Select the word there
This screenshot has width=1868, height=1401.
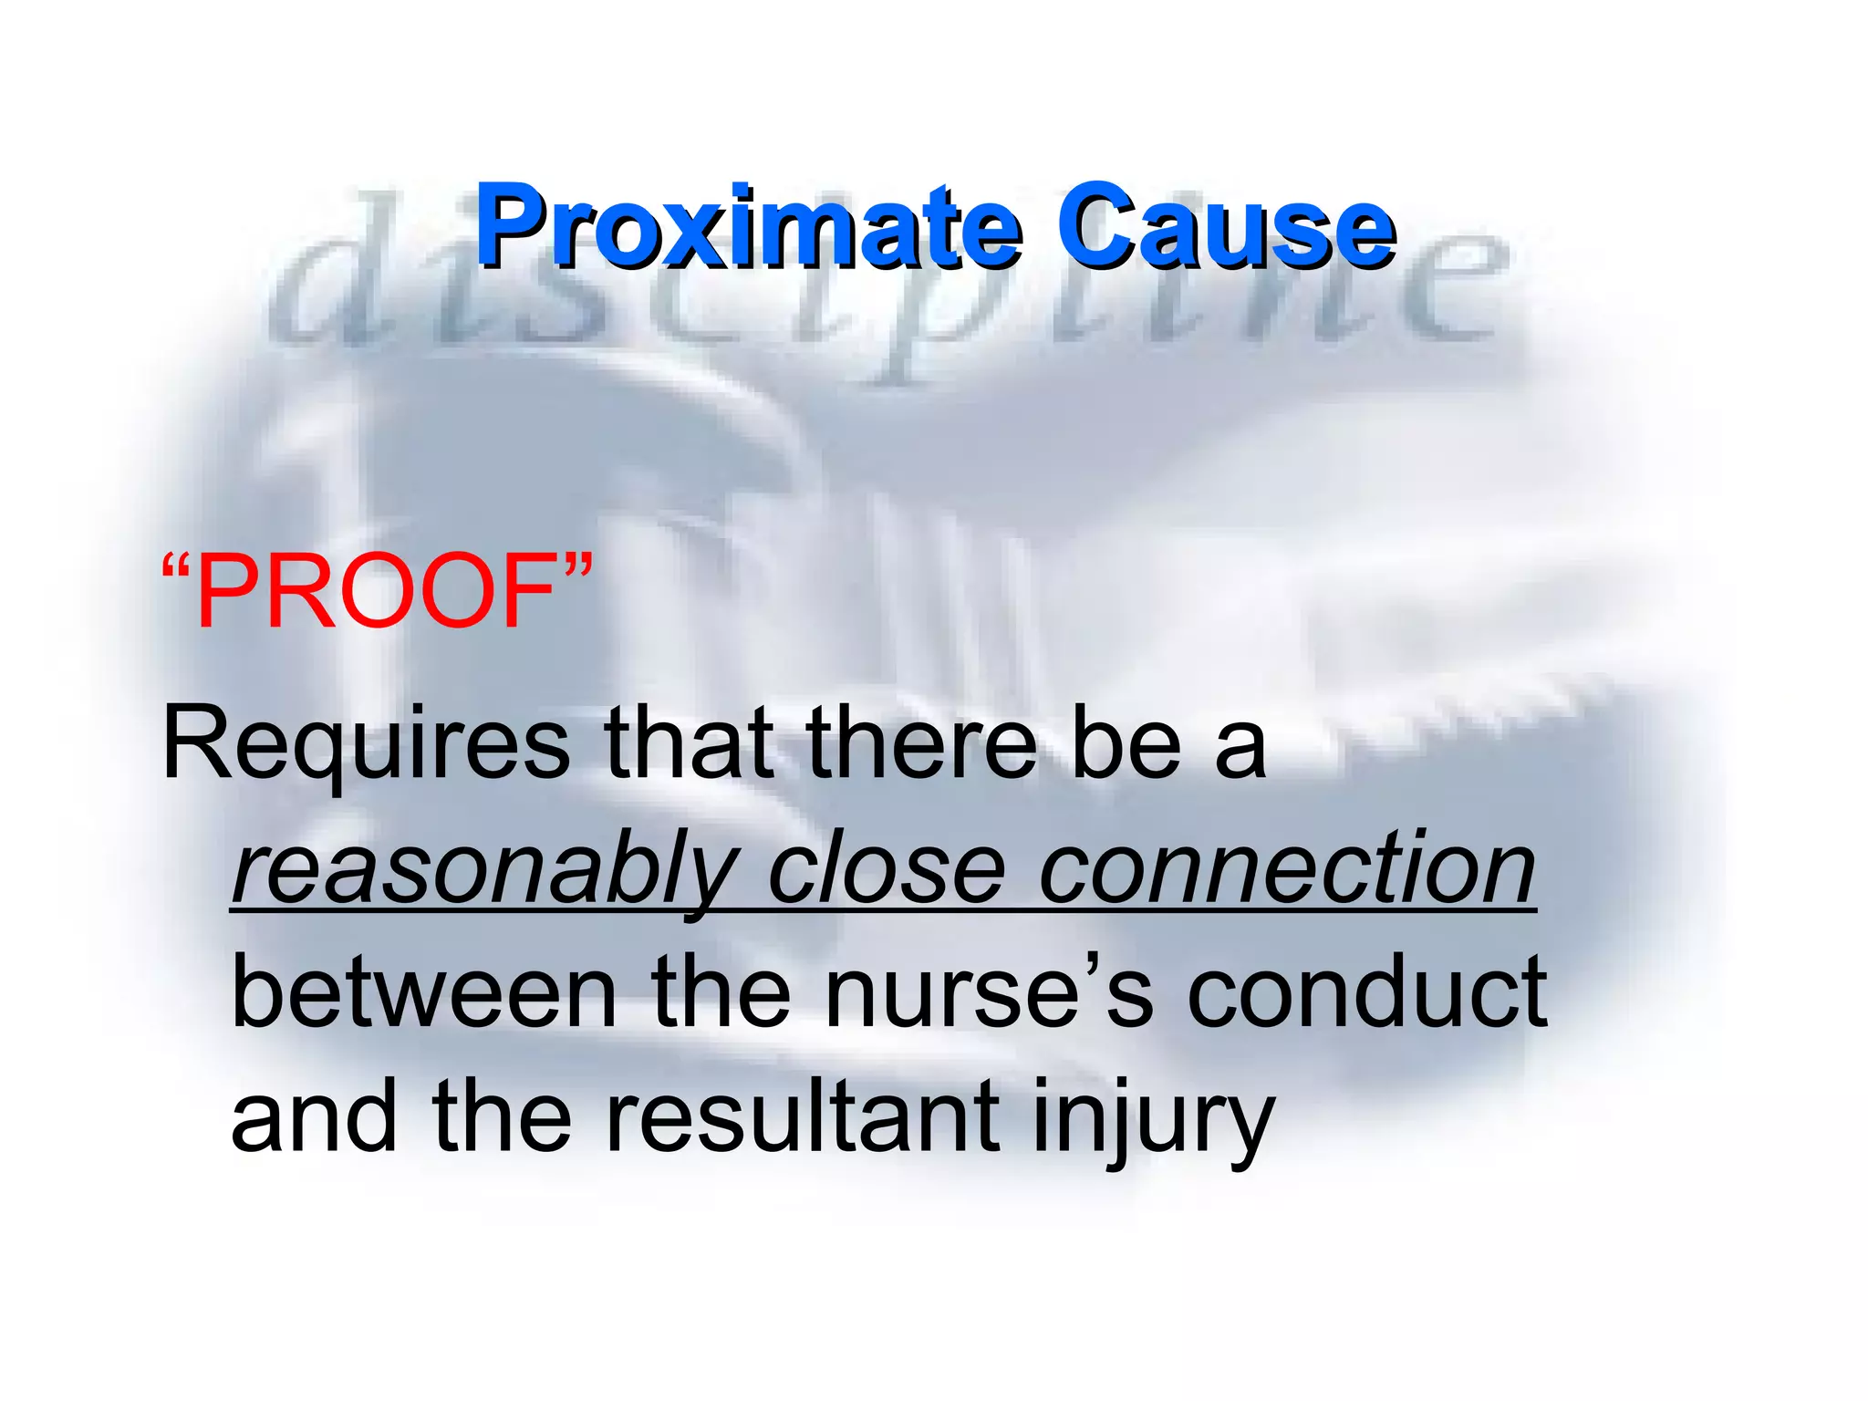click(x=921, y=743)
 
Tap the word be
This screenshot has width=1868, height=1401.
click(x=1127, y=743)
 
